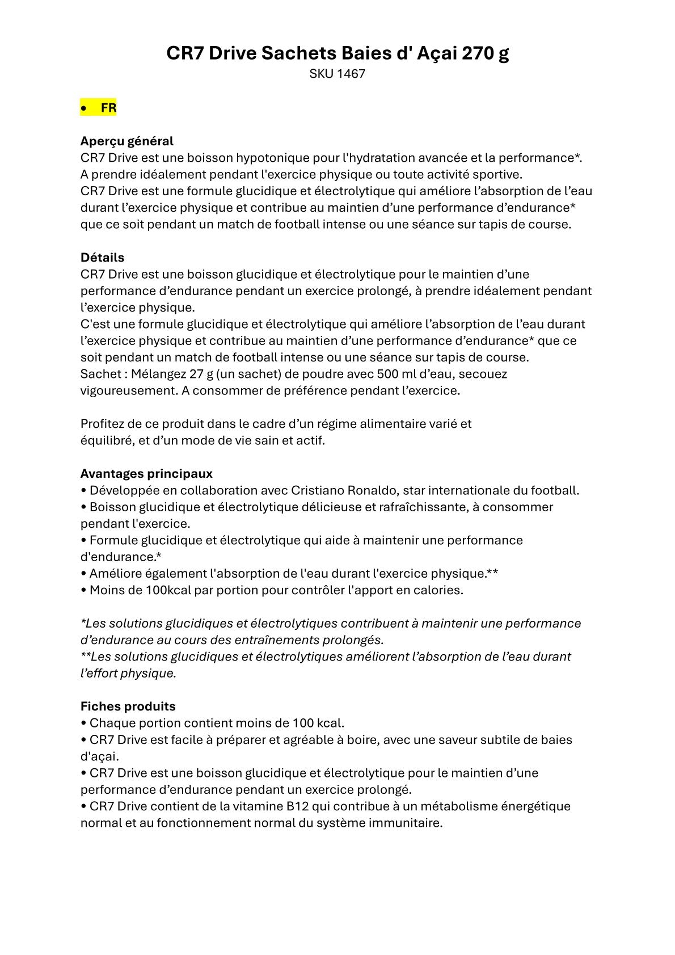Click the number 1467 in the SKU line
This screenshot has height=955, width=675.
click(x=351, y=74)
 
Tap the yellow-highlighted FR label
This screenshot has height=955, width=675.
click(x=108, y=108)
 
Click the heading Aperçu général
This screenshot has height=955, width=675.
click(x=126, y=141)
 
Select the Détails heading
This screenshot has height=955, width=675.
click(x=102, y=258)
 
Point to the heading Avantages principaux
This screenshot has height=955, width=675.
click(x=146, y=474)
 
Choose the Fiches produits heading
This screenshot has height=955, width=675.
click(x=128, y=706)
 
